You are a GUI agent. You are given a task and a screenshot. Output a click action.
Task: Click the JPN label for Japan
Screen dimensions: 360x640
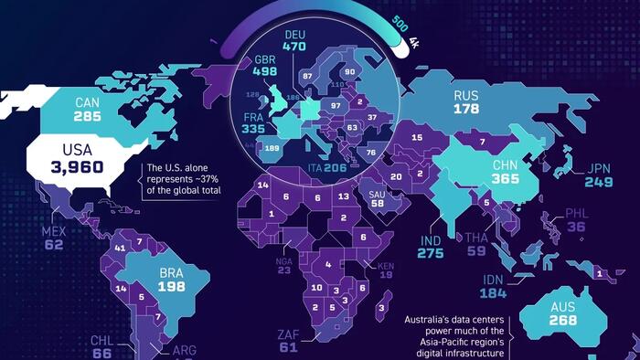599,168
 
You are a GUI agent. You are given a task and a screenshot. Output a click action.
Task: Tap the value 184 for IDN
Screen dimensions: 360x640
492,294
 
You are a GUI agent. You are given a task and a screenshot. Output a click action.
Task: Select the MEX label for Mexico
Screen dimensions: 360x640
54,231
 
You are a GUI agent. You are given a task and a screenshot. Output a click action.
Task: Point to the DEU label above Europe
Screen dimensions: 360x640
294,30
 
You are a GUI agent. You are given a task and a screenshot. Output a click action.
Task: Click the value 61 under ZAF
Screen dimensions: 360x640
289,347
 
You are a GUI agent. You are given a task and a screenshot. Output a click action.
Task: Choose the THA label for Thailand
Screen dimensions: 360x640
476,238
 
